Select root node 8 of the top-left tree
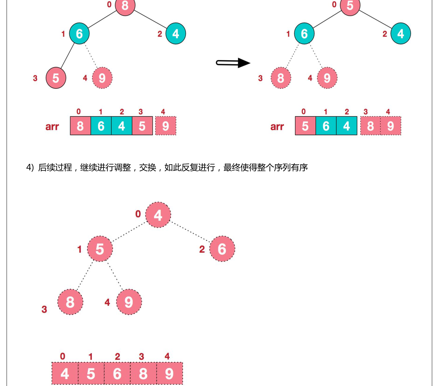125,6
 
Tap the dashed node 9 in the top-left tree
102,78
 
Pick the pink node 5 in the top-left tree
56,78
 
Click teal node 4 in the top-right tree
401,33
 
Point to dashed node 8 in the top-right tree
281,78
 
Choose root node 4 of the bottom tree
158,215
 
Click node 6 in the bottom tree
222,249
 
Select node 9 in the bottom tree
129,302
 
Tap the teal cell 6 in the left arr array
101,126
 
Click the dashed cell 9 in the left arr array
165,126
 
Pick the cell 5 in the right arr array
305,126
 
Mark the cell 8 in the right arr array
370,126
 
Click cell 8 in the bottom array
143,374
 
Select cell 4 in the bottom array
65,374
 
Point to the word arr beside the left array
52,127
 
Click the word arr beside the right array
277,127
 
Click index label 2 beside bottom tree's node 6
202,249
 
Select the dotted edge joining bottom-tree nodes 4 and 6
190,232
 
